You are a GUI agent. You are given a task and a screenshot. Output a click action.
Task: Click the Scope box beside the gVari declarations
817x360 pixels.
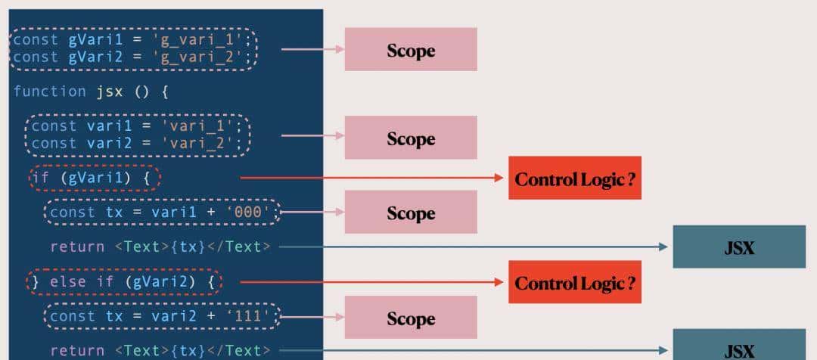point(411,50)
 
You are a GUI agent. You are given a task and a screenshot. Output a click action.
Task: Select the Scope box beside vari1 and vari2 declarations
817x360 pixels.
point(411,138)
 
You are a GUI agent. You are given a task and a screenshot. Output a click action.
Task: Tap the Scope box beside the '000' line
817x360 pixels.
point(411,213)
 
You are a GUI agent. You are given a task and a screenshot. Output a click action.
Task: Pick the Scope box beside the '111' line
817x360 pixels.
point(411,318)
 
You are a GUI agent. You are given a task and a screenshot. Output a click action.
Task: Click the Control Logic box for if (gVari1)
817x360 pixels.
point(574,178)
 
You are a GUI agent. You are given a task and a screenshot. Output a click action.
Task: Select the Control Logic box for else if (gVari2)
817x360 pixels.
point(574,282)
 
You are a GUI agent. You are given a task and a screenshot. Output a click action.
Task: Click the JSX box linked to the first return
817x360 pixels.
point(738,247)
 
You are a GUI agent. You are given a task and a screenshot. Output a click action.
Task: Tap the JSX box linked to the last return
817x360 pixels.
point(738,349)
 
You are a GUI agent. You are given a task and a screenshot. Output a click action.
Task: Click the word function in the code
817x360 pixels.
point(50,92)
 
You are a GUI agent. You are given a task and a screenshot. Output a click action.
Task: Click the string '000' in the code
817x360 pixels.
point(250,213)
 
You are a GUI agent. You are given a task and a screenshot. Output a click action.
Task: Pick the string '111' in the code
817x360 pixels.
point(250,316)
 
